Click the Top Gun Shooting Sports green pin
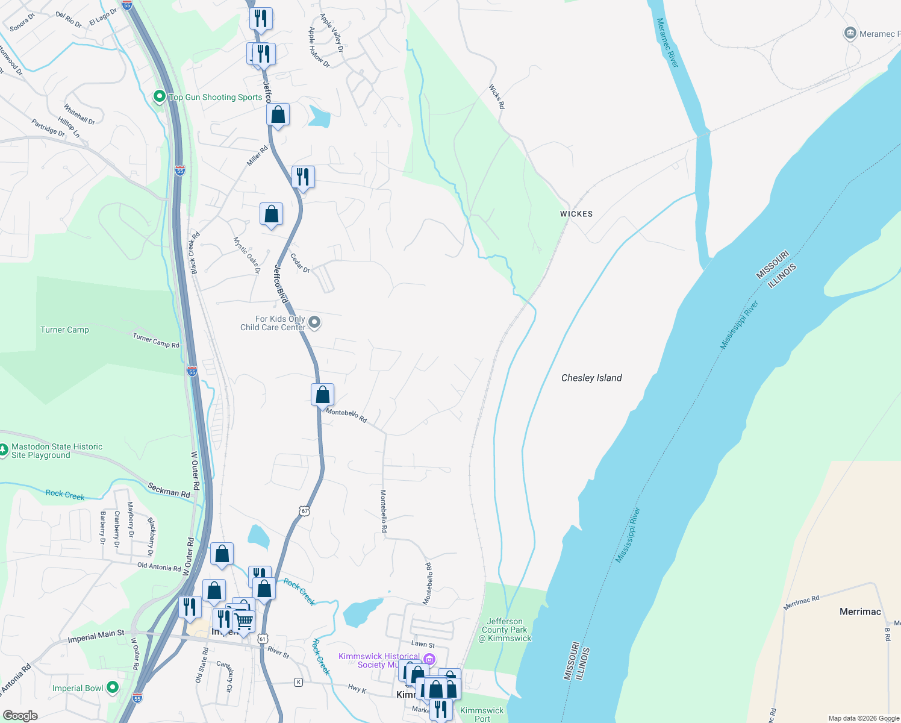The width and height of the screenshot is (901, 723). point(159,96)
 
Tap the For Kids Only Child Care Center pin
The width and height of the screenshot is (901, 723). point(314,322)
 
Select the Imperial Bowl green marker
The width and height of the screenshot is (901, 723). point(112,687)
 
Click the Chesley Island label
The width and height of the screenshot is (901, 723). point(591,378)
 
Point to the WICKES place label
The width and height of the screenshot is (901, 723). point(576,214)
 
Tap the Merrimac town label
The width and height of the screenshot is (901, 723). point(860,612)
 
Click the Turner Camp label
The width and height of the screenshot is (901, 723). point(64,330)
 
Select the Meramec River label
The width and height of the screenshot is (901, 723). point(667,43)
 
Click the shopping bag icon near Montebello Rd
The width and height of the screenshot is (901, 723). point(322,395)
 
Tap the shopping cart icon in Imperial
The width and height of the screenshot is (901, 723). point(244,620)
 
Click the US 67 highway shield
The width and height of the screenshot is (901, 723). point(305,511)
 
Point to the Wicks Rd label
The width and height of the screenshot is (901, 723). point(497,96)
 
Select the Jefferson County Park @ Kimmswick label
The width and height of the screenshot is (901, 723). point(505,630)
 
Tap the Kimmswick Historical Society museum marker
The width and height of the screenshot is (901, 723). point(429,659)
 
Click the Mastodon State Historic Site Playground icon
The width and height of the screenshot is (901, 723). point(4,449)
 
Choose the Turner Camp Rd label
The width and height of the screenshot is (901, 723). point(156,340)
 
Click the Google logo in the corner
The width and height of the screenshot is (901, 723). point(20,716)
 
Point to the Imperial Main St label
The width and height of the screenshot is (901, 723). point(96,636)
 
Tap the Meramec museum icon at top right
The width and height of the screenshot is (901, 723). point(850,33)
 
